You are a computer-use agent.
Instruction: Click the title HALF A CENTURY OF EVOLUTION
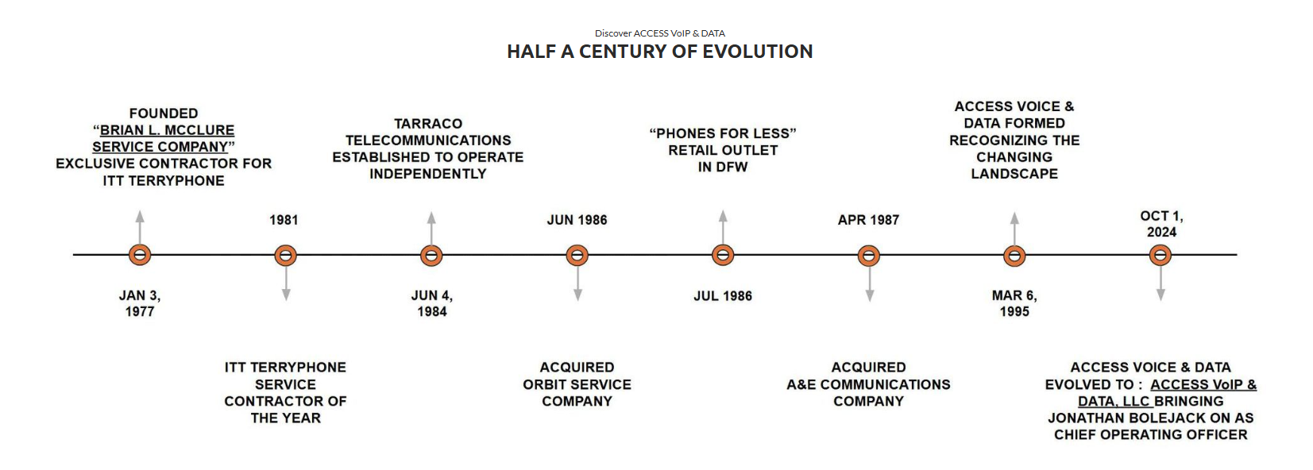click(x=659, y=52)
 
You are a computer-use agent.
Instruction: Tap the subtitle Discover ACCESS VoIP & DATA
click(x=659, y=33)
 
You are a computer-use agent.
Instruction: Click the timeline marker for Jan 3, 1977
click(x=140, y=255)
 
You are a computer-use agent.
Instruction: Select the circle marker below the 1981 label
click(x=285, y=255)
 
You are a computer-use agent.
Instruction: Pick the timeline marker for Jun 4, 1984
click(x=431, y=255)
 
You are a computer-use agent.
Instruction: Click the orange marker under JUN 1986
click(x=577, y=255)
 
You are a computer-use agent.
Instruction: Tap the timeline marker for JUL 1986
click(x=723, y=255)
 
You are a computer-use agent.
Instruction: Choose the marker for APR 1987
click(x=869, y=255)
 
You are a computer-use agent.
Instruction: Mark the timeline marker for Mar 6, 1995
click(x=1014, y=255)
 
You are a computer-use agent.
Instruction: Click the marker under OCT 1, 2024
click(x=1160, y=255)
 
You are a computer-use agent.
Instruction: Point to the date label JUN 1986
click(x=577, y=220)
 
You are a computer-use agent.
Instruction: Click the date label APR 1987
click(x=868, y=220)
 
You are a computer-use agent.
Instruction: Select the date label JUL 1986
click(x=723, y=296)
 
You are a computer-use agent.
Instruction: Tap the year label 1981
click(x=284, y=220)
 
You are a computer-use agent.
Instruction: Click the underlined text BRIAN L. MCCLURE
click(x=167, y=130)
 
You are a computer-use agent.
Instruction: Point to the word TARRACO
click(x=428, y=124)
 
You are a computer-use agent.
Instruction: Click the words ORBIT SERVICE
click(x=577, y=384)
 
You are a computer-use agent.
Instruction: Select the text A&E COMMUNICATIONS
click(x=868, y=384)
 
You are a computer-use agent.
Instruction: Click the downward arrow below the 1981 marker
click(x=286, y=283)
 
